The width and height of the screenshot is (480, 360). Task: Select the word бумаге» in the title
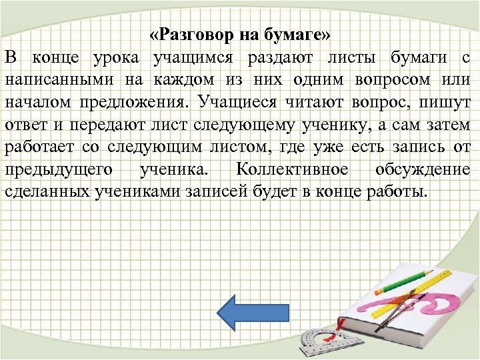299,34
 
